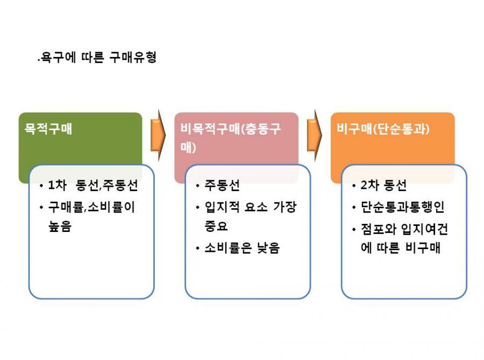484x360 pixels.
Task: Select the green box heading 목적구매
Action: (48, 129)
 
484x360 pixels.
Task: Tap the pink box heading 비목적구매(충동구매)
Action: (231, 138)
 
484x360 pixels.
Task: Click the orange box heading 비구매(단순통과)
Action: (383, 129)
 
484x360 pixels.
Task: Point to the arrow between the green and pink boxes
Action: (158, 135)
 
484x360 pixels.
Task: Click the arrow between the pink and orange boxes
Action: (314, 135)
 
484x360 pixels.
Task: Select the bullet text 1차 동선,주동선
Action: (93, 185)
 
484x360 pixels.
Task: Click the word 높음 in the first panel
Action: (60, 226)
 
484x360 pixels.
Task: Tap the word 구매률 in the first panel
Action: (66, 207)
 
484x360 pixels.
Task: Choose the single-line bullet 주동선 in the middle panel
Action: (222, 185)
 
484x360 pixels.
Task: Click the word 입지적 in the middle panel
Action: (222, 207)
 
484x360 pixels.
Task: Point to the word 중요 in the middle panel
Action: (216, 226)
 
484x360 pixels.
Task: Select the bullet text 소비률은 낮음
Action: (242, 248)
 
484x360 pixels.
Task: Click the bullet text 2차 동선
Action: (383, 185)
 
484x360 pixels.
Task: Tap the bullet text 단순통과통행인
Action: (402, 207)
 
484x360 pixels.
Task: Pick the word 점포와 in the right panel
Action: (379, 229)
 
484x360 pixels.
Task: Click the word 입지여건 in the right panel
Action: (424, 229)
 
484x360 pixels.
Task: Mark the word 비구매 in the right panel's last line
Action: (423, 248)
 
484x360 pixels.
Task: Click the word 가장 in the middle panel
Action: (285, 207)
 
